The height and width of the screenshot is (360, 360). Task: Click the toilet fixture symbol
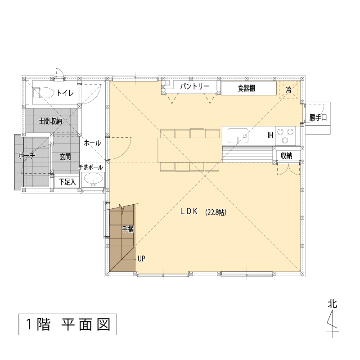pos(43,93)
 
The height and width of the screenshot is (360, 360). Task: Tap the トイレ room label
pos(65,93)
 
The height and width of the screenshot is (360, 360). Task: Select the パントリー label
pos(194,86)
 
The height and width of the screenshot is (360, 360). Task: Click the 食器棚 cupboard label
pos(246,88)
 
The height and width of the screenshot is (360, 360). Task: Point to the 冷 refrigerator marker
pos(288,90)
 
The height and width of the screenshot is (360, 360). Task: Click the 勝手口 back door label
pos(318,118)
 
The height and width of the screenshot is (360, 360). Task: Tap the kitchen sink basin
pos(238,136)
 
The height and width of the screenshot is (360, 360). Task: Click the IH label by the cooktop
pos(270,135)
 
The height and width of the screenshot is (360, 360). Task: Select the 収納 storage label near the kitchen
pos(287,156)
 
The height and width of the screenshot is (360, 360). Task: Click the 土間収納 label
pos(50,121)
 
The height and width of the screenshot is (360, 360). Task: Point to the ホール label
pos(92,143)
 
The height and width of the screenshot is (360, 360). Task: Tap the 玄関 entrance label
pos(65,157)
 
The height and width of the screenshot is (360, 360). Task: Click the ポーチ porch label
pos(27,156)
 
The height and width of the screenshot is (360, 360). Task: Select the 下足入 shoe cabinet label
pos(67,182)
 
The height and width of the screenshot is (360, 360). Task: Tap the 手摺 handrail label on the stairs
pos(128,229)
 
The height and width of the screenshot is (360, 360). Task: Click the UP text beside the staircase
pos(141,259)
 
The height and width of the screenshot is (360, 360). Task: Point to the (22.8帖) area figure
pos(216,212)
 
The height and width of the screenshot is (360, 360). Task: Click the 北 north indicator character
pos(332,304)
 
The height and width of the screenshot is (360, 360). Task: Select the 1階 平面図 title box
pos(68,324)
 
